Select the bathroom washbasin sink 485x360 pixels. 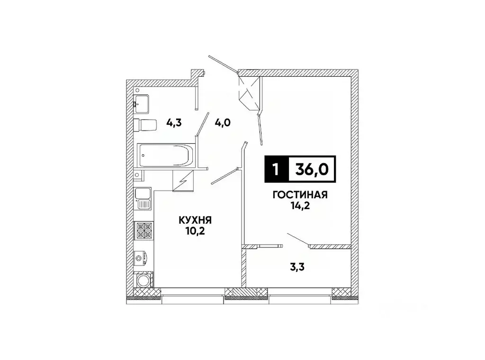(142, 102)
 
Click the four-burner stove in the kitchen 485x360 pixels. (144, 230)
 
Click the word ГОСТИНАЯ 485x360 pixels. (300, 194)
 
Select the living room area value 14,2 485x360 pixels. (300, 206)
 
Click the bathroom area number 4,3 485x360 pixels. (174, 123)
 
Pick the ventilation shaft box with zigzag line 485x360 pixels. (183, 180)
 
